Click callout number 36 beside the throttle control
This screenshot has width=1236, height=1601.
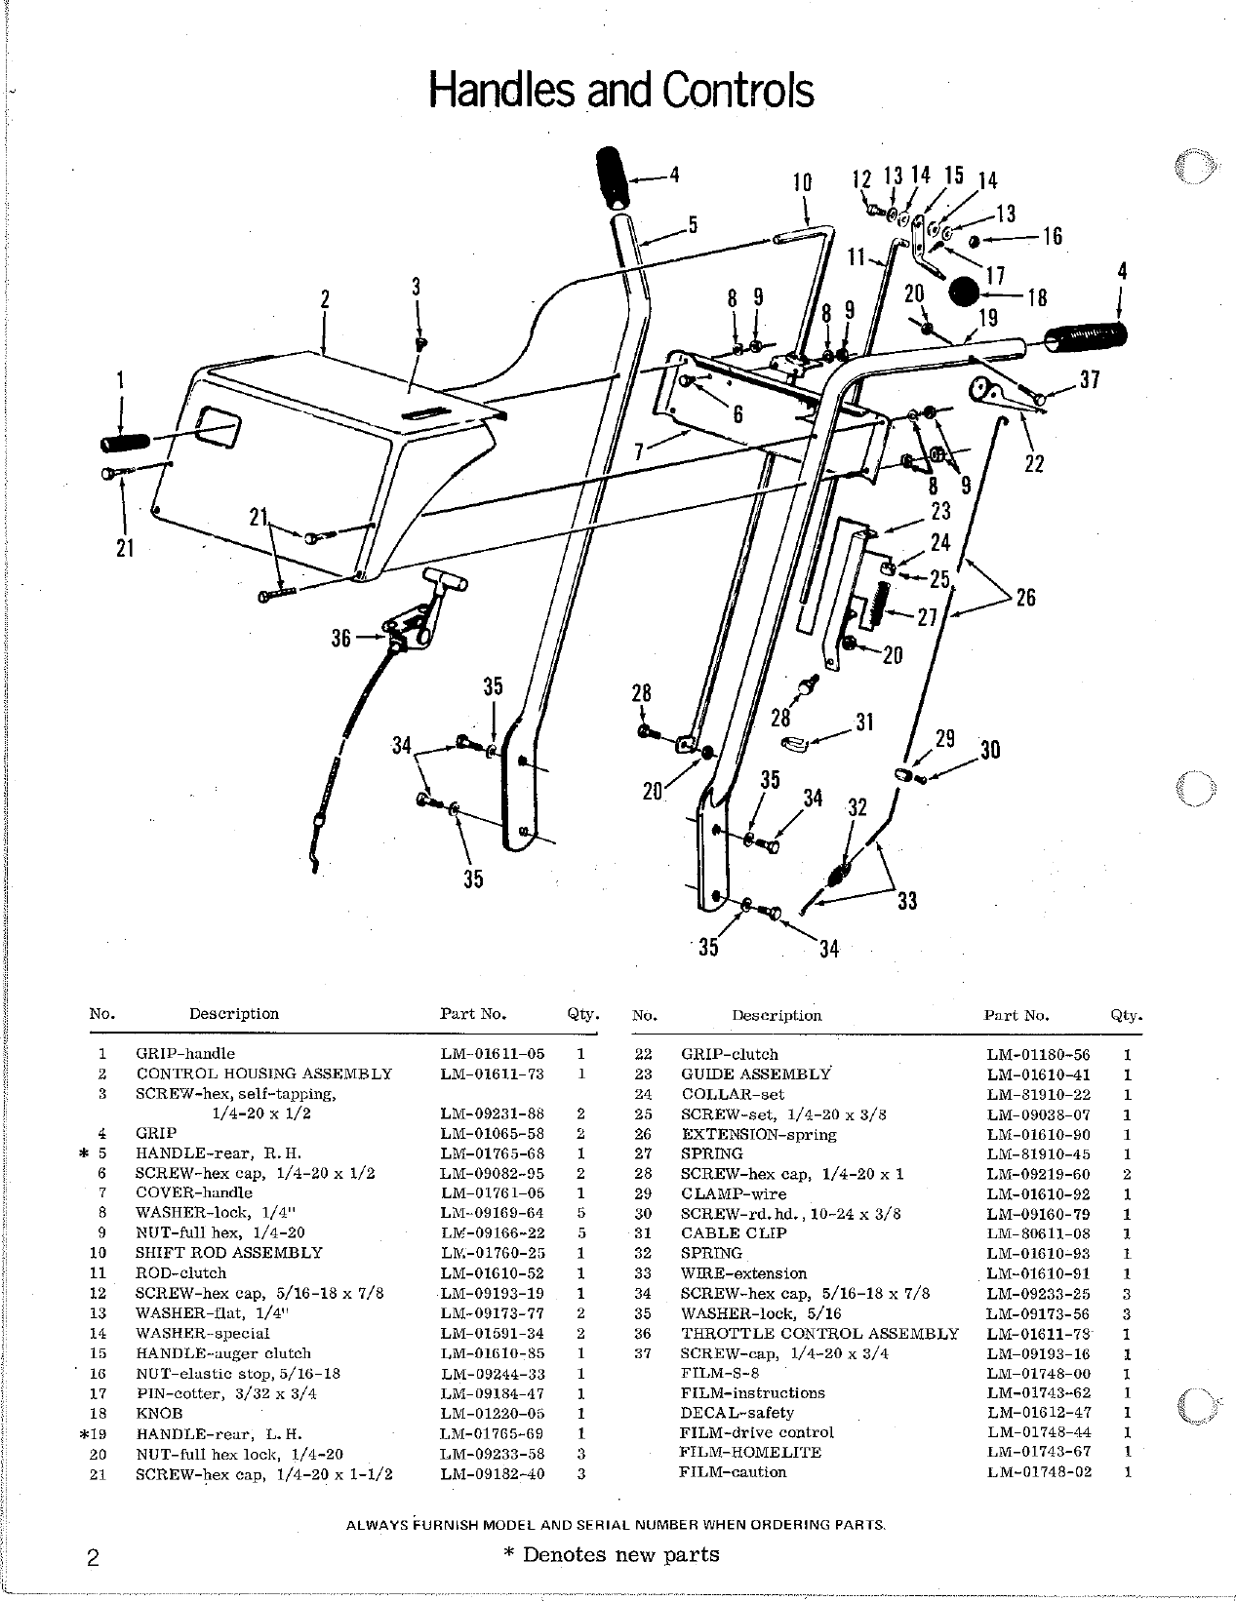coord(340,640)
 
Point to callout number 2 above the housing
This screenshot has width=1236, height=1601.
coord(325,299)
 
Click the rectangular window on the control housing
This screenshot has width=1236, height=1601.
coord(219,427)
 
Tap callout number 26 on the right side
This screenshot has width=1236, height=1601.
coord(1025,597)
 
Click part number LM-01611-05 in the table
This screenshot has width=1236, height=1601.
coord(492,1054)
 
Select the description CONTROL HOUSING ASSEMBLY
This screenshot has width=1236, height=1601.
coord(263,1074)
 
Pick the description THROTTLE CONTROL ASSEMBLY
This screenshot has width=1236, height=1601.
coord(819,1333)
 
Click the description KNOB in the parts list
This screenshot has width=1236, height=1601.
coord(159,1413)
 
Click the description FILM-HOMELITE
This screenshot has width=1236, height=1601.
coord(750,1452)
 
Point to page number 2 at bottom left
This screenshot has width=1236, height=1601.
coord(93,1557)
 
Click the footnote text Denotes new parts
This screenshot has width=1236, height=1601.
coord(620,1554)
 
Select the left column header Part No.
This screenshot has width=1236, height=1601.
coord(473,1014)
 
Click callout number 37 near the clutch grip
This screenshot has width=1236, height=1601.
coord(1090,380)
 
